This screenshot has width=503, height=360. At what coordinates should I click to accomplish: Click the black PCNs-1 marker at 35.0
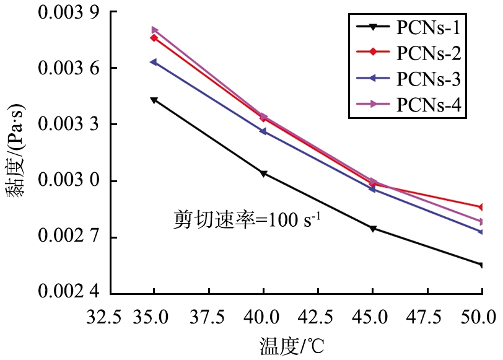(x=154, y=100)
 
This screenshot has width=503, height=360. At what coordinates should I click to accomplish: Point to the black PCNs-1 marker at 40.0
(x=263, y=173)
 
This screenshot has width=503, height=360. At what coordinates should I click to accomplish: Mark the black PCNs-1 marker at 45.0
(x=372, y=229)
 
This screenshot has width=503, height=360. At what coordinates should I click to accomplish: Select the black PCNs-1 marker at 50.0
(x=481, y=265)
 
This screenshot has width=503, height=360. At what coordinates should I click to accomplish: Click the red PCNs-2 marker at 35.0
(x=154, y=38)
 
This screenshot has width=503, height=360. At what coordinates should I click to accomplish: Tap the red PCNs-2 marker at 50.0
(x=481, y=207)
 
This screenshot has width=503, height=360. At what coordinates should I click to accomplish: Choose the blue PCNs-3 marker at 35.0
(x=154, y=62)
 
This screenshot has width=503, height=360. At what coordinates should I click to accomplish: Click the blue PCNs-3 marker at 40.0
(x=263, y=131)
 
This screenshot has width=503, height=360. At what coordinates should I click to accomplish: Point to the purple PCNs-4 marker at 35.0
(x=154, y=30)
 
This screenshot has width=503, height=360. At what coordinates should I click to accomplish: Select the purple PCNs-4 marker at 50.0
(x=481, y=221)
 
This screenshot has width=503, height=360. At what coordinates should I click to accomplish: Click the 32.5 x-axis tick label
(x=100, y=317)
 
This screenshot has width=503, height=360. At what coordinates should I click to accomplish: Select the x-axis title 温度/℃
(x=291, y=343)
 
